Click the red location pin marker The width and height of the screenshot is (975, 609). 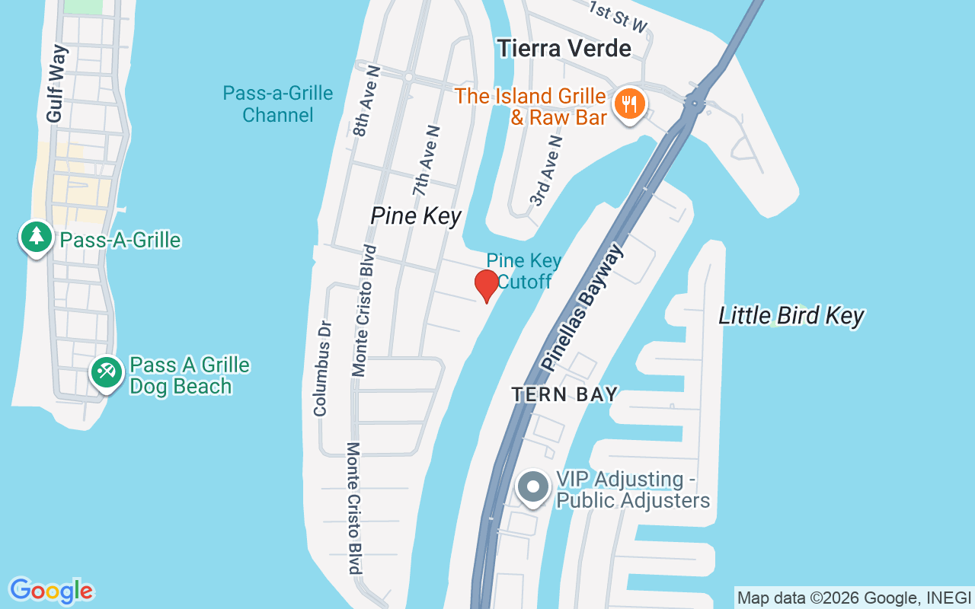(x=486, y=285)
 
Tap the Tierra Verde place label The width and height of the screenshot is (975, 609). (x=564, y=48)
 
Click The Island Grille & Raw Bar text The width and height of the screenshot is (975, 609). (x=530, y=107)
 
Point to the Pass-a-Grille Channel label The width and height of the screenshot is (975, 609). (x=278, y=104)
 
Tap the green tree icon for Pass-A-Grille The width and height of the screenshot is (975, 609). (x=36, y=237)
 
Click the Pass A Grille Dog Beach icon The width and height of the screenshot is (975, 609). (x=106, y=373)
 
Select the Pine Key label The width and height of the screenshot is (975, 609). (x=416, y=216)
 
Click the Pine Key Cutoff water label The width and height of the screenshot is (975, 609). (x=524, y=271)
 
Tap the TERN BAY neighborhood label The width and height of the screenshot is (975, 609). (x=564, y=394)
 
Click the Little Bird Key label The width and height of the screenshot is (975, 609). (x=791, y=316)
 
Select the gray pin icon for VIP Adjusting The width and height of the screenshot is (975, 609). (x=533, y=486)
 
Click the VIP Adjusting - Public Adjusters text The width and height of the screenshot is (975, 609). (x=632, y=489)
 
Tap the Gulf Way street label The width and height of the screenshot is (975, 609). (x=56, y=84)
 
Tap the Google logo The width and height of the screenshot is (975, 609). (x=52, y=591)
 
